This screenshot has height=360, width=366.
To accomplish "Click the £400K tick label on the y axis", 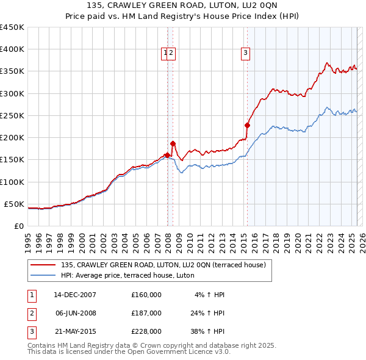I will (x=12, y=49).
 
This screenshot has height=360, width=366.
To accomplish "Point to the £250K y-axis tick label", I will (x=12, y=115).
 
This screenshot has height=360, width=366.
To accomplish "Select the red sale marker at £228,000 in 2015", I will (x=247, y=125).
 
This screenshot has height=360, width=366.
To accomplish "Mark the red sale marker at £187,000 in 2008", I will (x=173, y=143).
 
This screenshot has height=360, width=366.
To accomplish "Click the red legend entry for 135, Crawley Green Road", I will (x=163, y=265).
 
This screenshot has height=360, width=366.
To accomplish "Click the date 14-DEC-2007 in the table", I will (x=75, y=295).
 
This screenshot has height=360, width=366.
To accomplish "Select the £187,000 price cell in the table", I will (x=146, y=313).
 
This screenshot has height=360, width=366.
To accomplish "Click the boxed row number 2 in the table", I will (x=31, y=313).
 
